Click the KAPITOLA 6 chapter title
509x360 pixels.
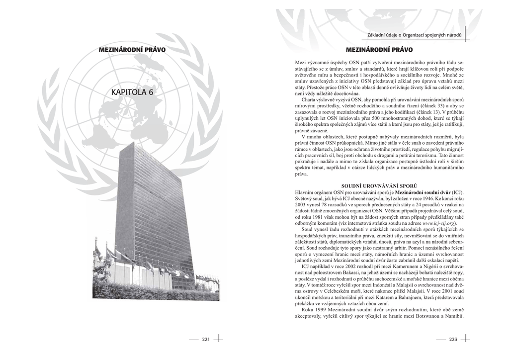tap(133, 92)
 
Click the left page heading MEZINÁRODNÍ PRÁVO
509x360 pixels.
tap(132, 50)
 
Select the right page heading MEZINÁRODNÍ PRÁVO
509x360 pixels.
tap(379, 50)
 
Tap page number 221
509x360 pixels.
tap(206, 339)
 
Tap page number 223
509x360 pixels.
tap(452, 339)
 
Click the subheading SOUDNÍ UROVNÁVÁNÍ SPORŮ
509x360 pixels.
tap(379, 185)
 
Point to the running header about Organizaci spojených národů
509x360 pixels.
tap(414, 35)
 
